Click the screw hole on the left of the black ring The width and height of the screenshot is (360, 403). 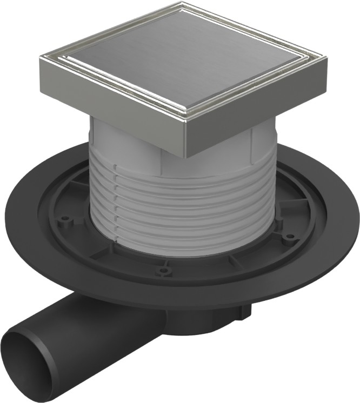[x=65, y=219]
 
